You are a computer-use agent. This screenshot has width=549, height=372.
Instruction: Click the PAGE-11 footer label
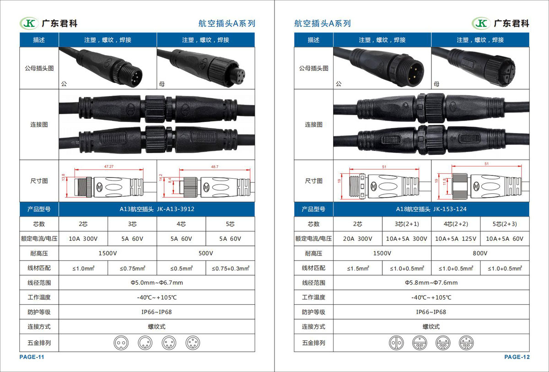point(32,357)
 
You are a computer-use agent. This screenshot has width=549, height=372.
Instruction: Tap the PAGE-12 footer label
point(517,357)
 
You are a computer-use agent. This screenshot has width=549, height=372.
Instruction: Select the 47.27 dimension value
point(109,166)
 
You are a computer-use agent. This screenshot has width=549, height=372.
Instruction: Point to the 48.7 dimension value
point(215,167)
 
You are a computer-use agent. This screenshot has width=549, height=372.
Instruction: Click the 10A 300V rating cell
point(83,239)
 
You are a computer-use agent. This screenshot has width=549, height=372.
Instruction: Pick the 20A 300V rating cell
point(358,239)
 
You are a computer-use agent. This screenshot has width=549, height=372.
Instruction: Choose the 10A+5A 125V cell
point(456,239)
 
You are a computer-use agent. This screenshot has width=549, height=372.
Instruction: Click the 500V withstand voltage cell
point(205,253)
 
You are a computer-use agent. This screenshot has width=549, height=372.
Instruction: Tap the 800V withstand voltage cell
point(480,253)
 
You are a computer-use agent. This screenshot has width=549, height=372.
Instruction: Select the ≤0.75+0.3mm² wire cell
point(231,268)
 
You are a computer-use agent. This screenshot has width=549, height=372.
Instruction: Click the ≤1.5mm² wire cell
point(358,268)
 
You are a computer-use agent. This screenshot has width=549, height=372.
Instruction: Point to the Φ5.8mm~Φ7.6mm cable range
point(431,282)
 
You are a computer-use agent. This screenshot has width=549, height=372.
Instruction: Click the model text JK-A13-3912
point(176,209)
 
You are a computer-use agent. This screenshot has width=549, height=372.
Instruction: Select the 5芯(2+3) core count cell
point(505,224)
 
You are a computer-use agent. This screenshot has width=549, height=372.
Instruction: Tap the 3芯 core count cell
point(132,224)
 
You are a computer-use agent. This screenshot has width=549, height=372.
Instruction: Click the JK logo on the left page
point(29,23)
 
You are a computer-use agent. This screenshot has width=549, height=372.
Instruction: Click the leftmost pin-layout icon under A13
point(121,343)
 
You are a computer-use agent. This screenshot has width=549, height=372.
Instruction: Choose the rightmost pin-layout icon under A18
point(466,343)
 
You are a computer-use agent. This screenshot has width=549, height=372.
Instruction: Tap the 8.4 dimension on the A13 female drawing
point(170,181)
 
